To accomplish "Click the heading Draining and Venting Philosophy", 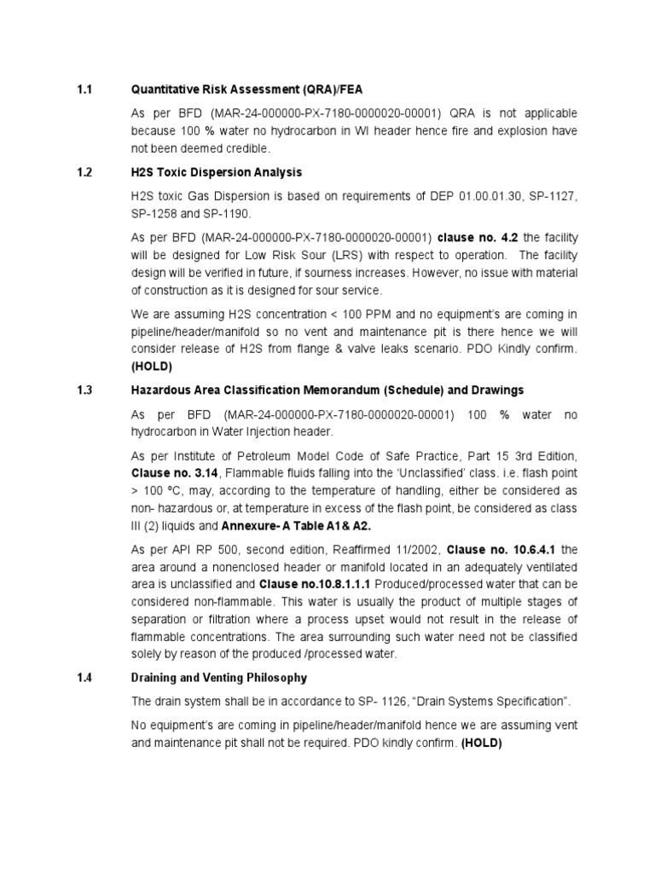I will point(218,678).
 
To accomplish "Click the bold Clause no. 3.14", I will point(172,471).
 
